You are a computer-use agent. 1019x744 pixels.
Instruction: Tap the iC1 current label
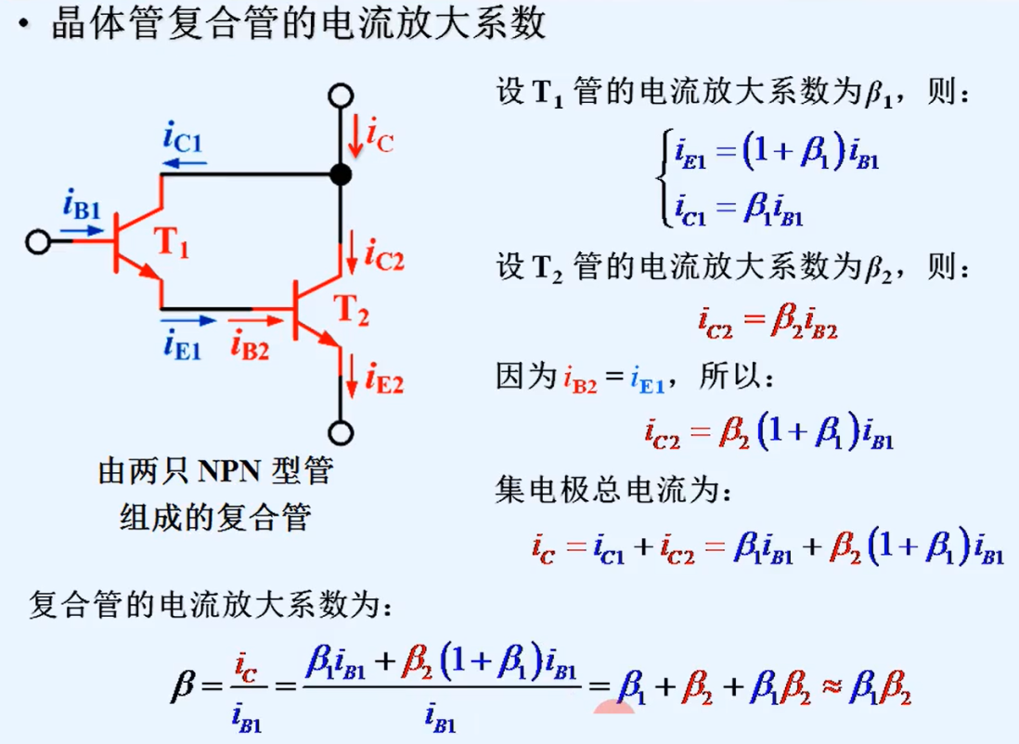click(x=182, y=140)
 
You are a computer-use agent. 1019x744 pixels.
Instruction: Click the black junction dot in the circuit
click(x=341, y=173)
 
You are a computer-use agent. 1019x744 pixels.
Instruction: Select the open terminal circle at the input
click(x=38, y=241)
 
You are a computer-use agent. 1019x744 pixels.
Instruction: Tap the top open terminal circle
click(x=341, y=96)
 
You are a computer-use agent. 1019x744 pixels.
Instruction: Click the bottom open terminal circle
click(x=341, y=431)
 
